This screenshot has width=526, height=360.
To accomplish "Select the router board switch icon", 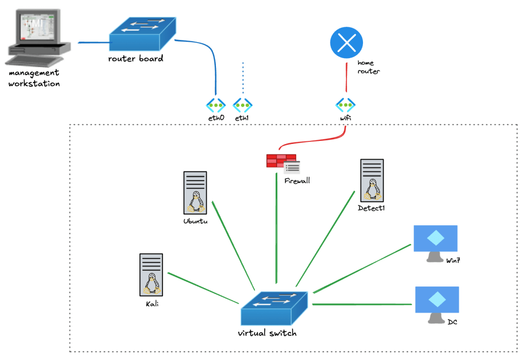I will [141, 34].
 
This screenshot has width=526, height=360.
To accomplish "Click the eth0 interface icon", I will [216, 105].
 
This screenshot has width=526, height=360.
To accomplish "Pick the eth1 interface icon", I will [242, 105].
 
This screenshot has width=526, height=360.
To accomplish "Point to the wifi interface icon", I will [345, 105].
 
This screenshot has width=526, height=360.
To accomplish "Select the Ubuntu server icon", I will [195, 192].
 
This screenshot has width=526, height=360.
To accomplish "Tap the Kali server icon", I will [151, 274].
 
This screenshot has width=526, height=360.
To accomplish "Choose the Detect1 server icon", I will [372, 180].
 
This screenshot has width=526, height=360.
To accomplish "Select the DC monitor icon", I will [437, 303].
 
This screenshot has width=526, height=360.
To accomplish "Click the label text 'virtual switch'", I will [267, 333].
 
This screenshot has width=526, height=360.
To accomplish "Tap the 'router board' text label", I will [136, 59].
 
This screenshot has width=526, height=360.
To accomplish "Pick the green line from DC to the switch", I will [362, 304].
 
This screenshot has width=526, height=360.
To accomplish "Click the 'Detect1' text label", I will [371, 208].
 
